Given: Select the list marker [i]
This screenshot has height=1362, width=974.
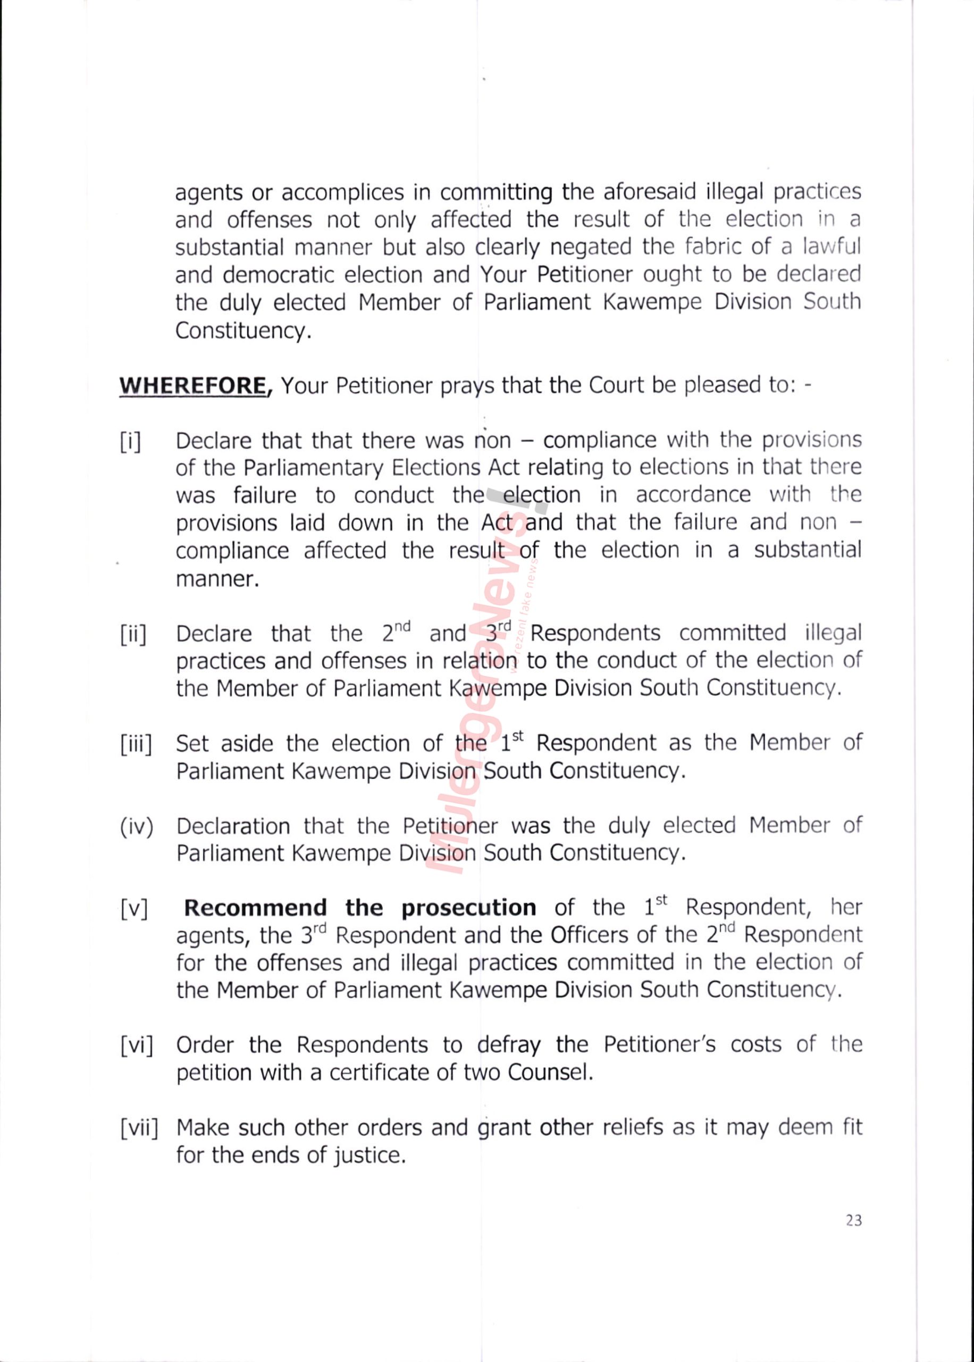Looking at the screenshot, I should (130, 442).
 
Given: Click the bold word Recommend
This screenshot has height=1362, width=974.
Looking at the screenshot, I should (255, 908).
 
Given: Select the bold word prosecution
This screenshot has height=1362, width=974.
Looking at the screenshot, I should (468, 908).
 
